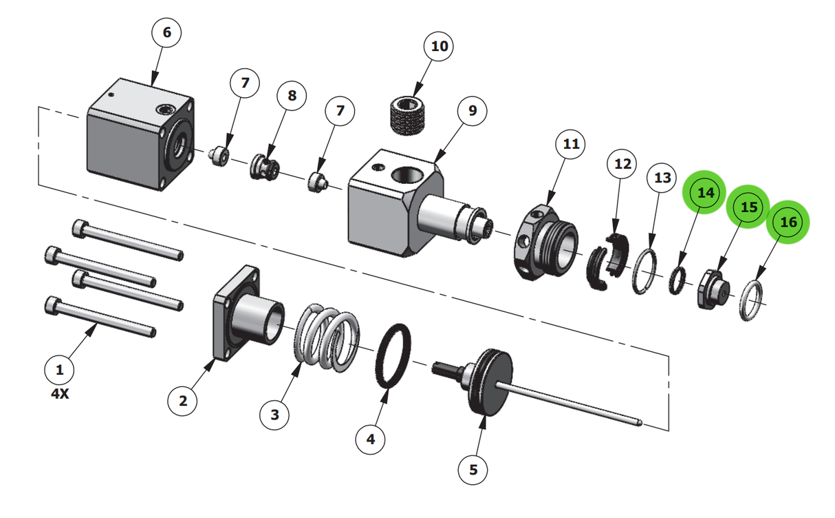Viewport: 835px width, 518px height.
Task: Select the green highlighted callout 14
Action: [706, 194]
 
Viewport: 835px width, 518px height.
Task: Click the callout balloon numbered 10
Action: [439, 47]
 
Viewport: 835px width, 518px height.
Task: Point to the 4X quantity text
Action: [61, 395]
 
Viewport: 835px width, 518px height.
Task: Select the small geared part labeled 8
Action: [265, 169]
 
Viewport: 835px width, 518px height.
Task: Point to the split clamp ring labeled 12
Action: [609, 262]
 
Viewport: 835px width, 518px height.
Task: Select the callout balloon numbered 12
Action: [622, 164]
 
